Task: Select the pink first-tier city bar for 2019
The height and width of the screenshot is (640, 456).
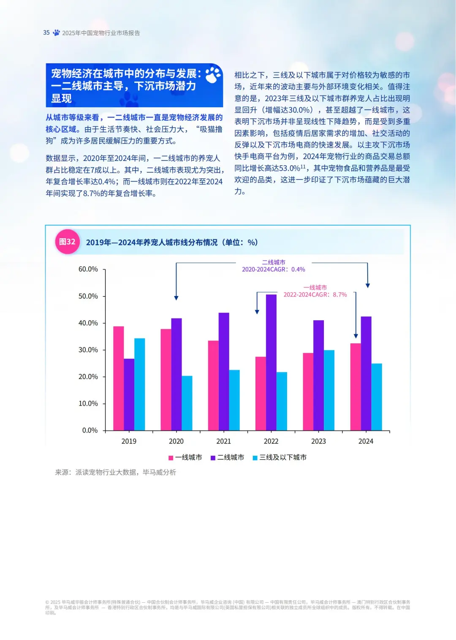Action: [x=119, y=378]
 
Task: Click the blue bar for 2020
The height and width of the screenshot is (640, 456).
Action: [x=187, y=403]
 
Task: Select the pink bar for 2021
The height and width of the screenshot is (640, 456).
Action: [x=213, y=385]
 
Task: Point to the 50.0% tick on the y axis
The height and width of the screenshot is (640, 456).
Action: [x=88, y=296]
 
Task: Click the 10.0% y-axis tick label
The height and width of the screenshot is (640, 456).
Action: [x=88, y=403]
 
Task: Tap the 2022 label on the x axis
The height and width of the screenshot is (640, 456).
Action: [x=271, y=441]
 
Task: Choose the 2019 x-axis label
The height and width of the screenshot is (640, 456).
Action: [x=129, y=441]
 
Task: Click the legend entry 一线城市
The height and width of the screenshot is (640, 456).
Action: [x=185, y=458]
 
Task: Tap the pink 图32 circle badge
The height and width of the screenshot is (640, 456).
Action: [x=67, y=242]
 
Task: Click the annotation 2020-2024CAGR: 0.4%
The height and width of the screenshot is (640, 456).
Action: [x=273, y=269]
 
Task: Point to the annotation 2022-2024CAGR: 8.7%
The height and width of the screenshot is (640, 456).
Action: [x=315, y=294]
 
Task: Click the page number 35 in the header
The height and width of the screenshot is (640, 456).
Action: [x=46, y=33]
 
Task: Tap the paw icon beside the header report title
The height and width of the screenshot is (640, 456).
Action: [x=56, y=33]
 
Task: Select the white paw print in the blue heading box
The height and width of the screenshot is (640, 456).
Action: [x=213, y=75]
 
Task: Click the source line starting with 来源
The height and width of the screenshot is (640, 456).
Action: [x=115, y=472]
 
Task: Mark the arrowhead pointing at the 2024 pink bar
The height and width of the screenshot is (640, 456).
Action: [x=356, y=336]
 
